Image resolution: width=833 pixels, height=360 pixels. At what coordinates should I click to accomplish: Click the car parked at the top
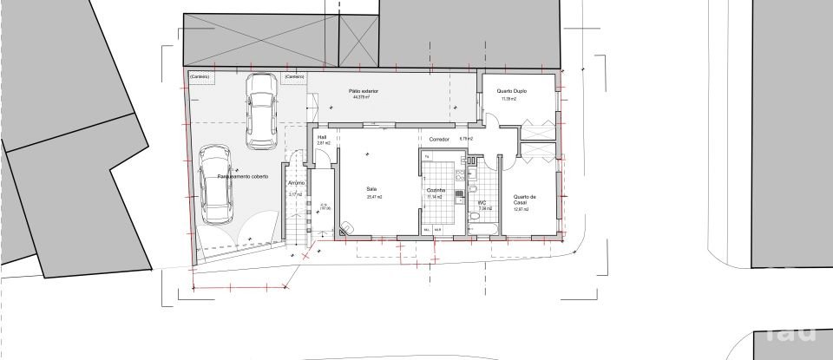click(x=261, y=109)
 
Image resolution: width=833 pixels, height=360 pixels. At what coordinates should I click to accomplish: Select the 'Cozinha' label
click(x=436, y=190)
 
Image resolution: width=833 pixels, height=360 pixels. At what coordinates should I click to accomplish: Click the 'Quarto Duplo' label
click(x=511, y=91)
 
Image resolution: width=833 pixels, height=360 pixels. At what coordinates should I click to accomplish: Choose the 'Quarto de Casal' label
click(x=525, y=199)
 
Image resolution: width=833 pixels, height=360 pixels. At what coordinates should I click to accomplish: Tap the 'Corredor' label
click(x=438, y=139)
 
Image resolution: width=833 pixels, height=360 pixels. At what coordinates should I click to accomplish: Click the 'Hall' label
click(x=321, y=136)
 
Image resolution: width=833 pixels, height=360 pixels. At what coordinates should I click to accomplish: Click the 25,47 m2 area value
click(x=374, y=197)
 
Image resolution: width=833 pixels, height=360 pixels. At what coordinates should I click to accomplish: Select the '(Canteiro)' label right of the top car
click(x=292, y=76)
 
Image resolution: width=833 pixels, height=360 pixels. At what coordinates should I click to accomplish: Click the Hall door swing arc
click(x=321, y=158)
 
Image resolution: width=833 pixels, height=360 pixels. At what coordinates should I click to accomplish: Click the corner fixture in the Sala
click(x=346, y=227)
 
